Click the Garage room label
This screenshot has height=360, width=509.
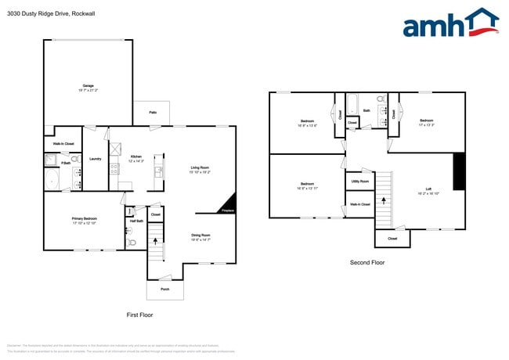click(x=88, y=86)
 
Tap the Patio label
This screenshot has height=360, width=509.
click(x=153, y=113)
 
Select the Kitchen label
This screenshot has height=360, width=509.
click(x=135, y=157)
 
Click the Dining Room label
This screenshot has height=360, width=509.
click(x=201, y=235)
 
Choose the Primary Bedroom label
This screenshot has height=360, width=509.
click(x=85, y=220)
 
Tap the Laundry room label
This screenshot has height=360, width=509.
click(x=96, y=159)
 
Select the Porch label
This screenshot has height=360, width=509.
click(x=164, y=289)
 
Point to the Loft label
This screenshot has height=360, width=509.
click(x=428, y=187)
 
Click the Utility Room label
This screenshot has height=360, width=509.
click(x=359, y=181)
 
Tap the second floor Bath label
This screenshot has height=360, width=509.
click(x=366, y=111)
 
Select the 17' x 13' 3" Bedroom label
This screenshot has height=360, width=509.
click(x=426, y=121)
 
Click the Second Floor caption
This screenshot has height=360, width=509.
click(x=366, y=263)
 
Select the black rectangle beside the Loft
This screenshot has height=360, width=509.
click(x=459, y=171)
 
